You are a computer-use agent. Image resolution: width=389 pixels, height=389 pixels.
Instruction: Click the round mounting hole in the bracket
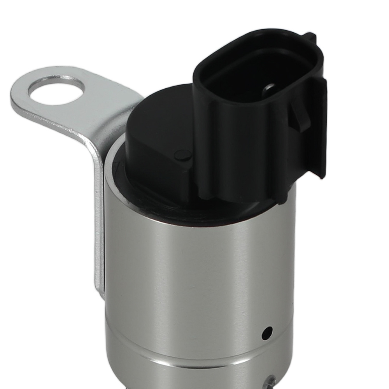[56, 90]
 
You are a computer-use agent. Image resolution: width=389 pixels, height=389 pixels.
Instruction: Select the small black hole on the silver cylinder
[267, 333]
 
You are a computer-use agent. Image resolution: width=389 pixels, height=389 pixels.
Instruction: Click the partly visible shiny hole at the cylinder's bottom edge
[271, 384]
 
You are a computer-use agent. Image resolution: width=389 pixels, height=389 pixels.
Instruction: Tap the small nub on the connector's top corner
[310, 37]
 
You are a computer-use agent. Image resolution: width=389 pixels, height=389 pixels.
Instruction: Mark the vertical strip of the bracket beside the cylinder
[98, 218]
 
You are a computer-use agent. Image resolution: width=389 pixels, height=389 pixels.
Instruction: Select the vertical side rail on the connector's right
[320, 124]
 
